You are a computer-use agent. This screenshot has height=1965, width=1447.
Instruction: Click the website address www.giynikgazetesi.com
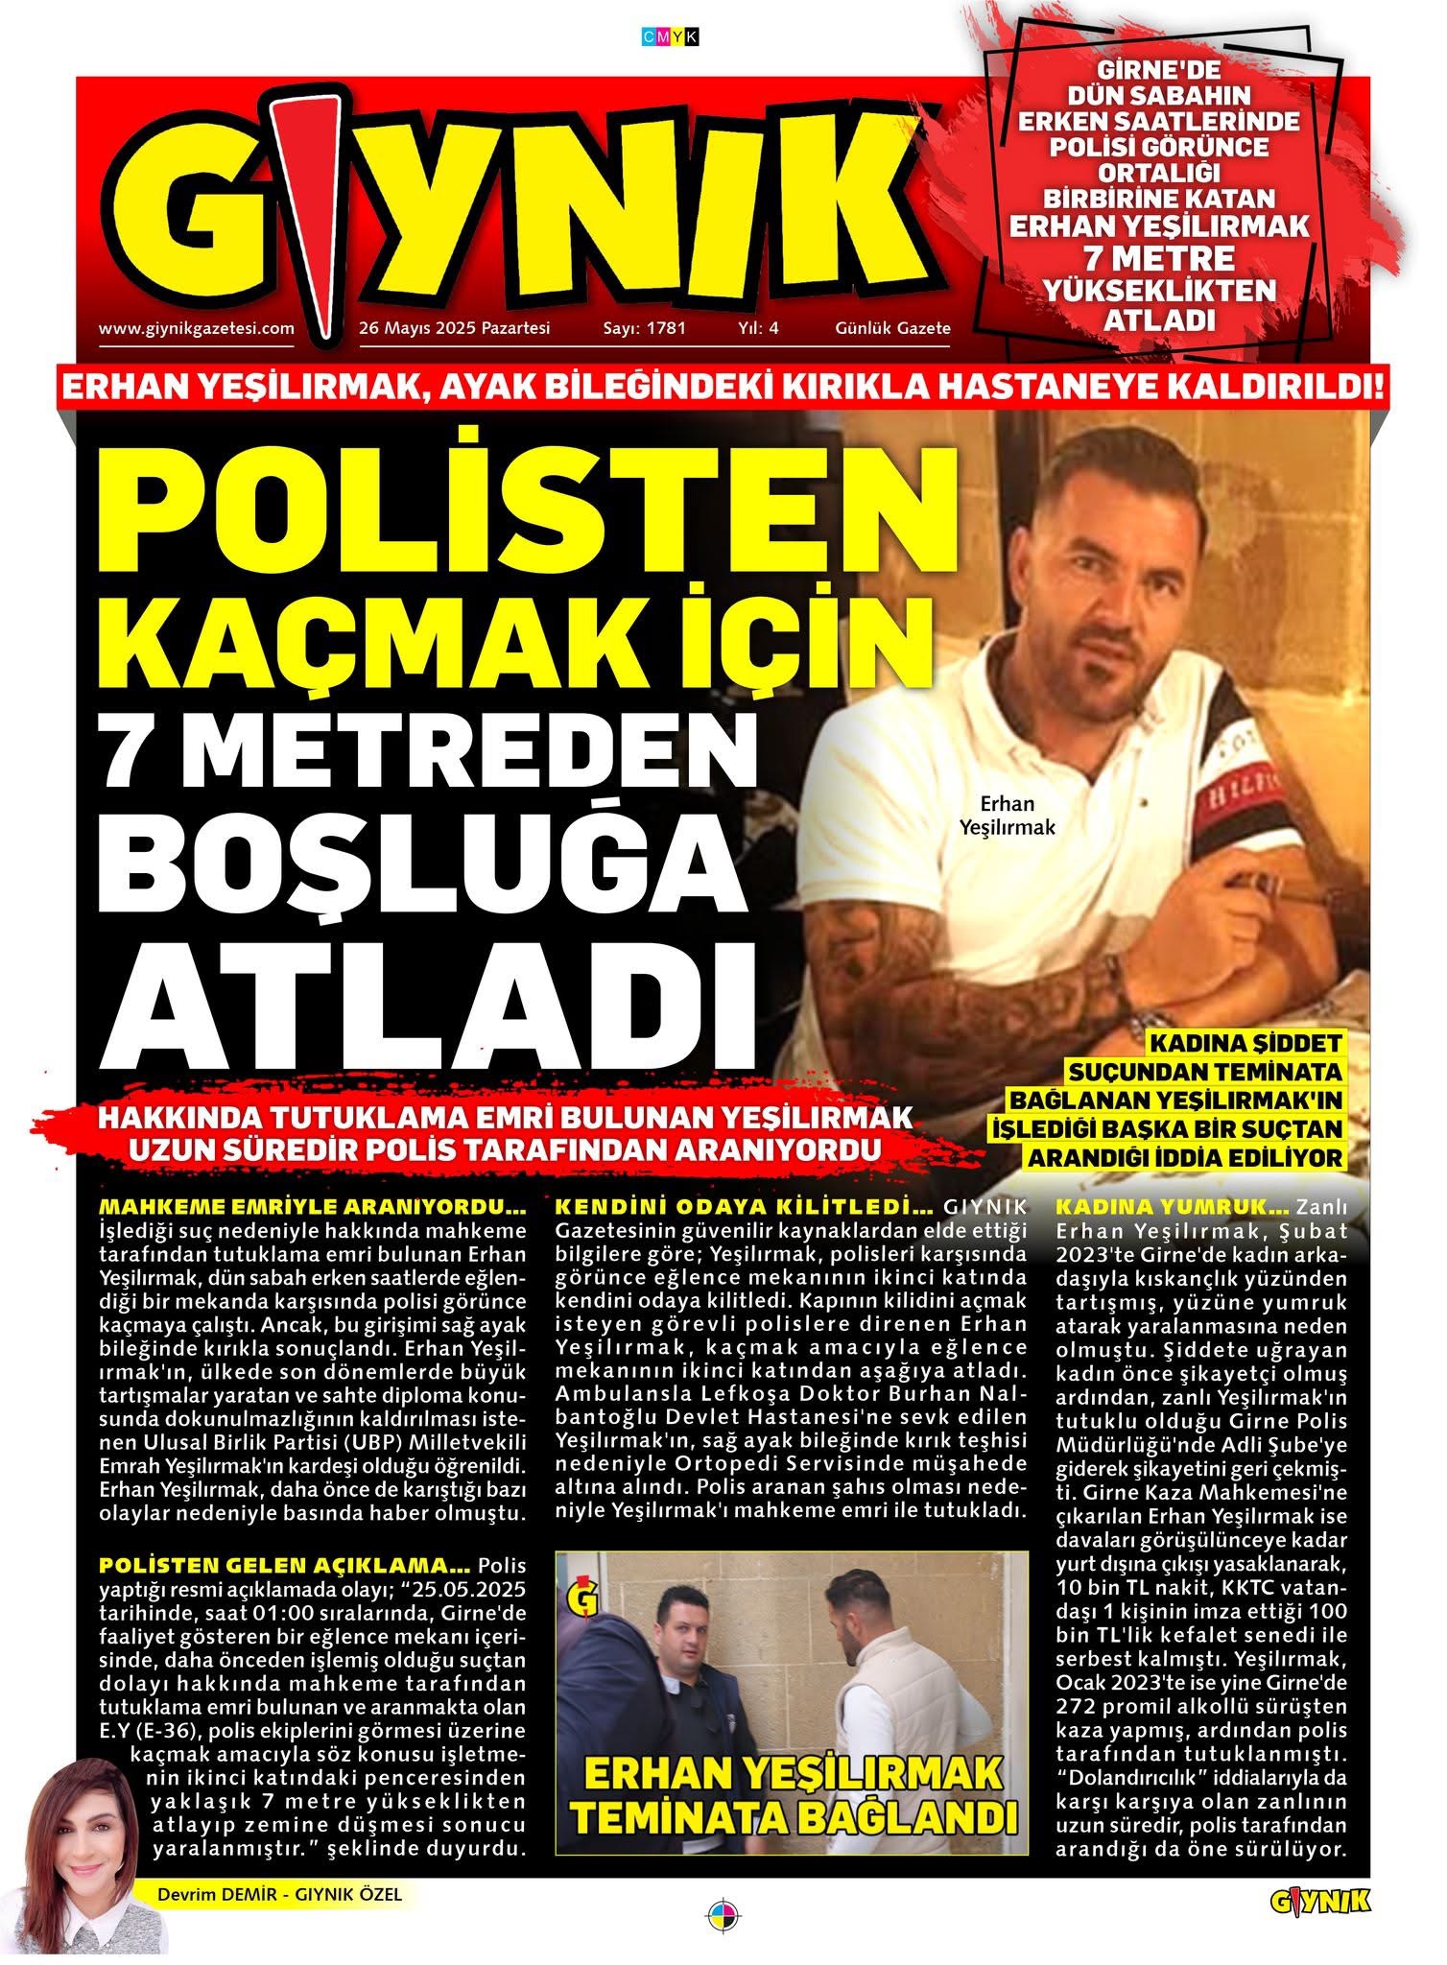(196, 328)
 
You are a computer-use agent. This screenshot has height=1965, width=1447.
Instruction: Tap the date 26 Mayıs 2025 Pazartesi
(454, 328)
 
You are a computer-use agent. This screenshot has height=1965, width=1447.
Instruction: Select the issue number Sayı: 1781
(644, 328)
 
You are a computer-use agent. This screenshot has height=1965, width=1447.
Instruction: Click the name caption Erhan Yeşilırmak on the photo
(1007, 815)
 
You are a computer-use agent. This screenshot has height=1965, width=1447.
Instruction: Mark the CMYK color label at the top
(670, 37)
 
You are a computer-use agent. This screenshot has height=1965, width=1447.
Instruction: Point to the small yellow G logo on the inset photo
(585, 1600)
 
